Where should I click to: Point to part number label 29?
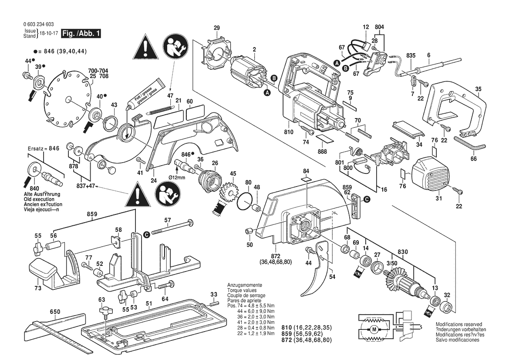[217, 28]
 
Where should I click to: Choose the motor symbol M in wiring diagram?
[374, 329]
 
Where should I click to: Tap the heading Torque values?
[242, 290]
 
